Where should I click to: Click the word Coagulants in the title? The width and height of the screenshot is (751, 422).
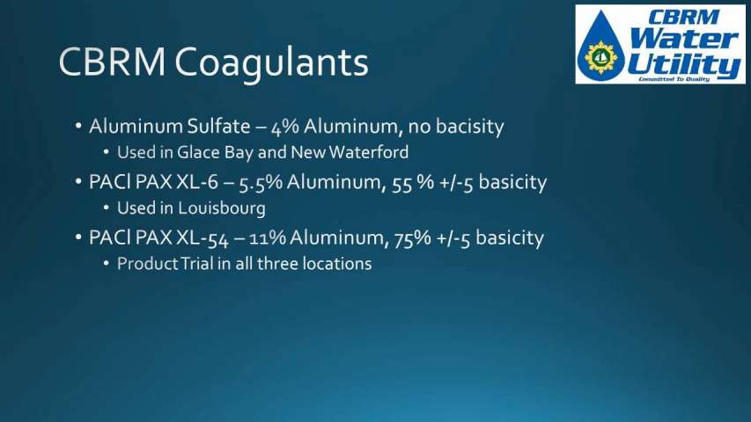(x=271, y=62)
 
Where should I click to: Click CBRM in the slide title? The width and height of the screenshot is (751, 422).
(x=112, y=62)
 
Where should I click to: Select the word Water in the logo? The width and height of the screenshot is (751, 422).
(x=684, y=39)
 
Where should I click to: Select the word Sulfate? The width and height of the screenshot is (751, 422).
(x=218, y=127)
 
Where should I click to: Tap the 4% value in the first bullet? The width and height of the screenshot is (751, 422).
(x=285, y=127)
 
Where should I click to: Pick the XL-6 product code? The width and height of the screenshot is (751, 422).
(x=197, y=182)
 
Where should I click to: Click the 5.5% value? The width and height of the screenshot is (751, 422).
(x=261, y=183)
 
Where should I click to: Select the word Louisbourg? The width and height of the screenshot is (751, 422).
(x=222, y=208)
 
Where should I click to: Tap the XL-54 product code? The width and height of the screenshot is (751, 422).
(x=202, y=238)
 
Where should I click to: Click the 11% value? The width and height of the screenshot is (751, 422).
(x=268, y=238)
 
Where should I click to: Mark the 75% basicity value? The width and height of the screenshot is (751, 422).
(x=412, y=238)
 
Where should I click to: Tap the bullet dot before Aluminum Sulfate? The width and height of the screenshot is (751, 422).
(x=78, y=127)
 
